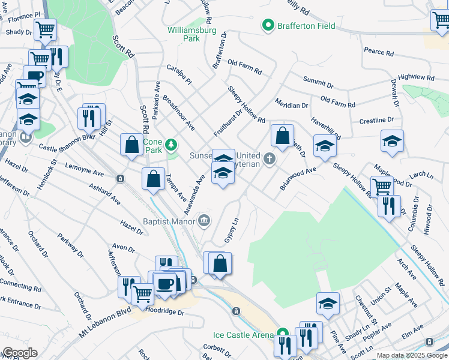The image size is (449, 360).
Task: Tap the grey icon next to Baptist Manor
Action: point(205,221)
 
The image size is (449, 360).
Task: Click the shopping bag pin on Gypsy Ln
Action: point(220,263)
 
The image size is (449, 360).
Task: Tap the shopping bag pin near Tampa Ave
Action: point(153,179)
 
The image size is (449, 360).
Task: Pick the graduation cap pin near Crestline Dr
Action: point(392,141)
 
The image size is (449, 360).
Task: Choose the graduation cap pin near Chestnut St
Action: point(328,303)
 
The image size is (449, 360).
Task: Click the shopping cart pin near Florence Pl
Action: point(45,29)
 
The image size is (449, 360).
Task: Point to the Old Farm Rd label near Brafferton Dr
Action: point(245,67)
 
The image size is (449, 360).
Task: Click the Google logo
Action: point(19,353)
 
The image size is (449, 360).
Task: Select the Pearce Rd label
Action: point(378,52)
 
